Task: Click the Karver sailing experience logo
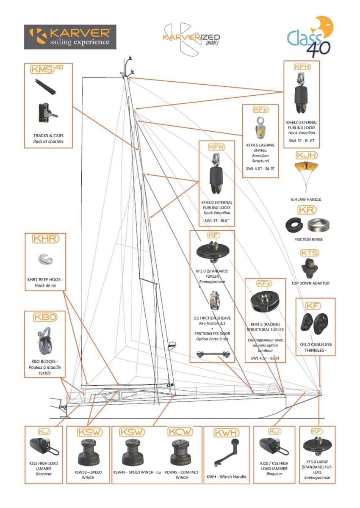click(x=70, y=37)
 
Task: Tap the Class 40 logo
click(x=310, y=36)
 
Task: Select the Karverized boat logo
click(x=191, y=39)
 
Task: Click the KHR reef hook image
click(x=46, y=259)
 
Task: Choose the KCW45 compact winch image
click(x=180, y=453)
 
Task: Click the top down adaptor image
click(x=310, y=268)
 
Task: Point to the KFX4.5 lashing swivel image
click(x=260, y=128)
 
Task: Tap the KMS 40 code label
click(x=47, y=69)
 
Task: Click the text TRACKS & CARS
click(x=48, y=135)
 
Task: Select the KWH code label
click(x=227, y=433)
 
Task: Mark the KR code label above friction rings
click(x=307, y=210)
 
